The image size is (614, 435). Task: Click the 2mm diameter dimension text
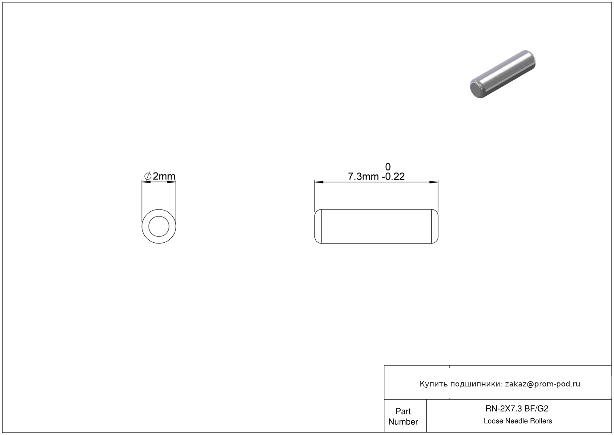pos(164,176)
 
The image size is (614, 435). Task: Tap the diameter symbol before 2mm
pos(147,176)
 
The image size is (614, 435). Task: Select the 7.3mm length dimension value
pos(363,177)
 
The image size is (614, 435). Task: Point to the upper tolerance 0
pos(388,167)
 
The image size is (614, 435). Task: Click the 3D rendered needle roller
pos(503,74)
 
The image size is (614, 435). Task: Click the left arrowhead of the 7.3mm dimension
pos(319,182)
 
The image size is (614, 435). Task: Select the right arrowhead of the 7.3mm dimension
pos(433,182)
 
